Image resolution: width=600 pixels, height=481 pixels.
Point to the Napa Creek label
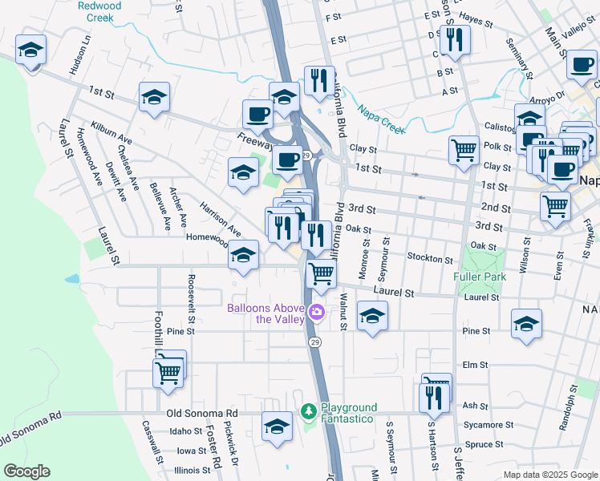(x=377, y=118)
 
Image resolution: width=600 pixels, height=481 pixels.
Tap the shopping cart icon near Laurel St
(x=322, y=273)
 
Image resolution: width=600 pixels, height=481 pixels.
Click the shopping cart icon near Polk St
(x=464, y=149)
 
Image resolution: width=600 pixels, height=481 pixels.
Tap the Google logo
(x=26, y=471)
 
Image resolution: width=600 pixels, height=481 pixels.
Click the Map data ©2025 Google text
(x=549, y=475)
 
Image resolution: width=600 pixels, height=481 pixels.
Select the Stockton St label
(x=430, y=259)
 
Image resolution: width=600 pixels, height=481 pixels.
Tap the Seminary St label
(x=518, y=61)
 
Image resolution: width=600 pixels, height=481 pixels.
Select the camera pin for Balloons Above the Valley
(x=317, y=312)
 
